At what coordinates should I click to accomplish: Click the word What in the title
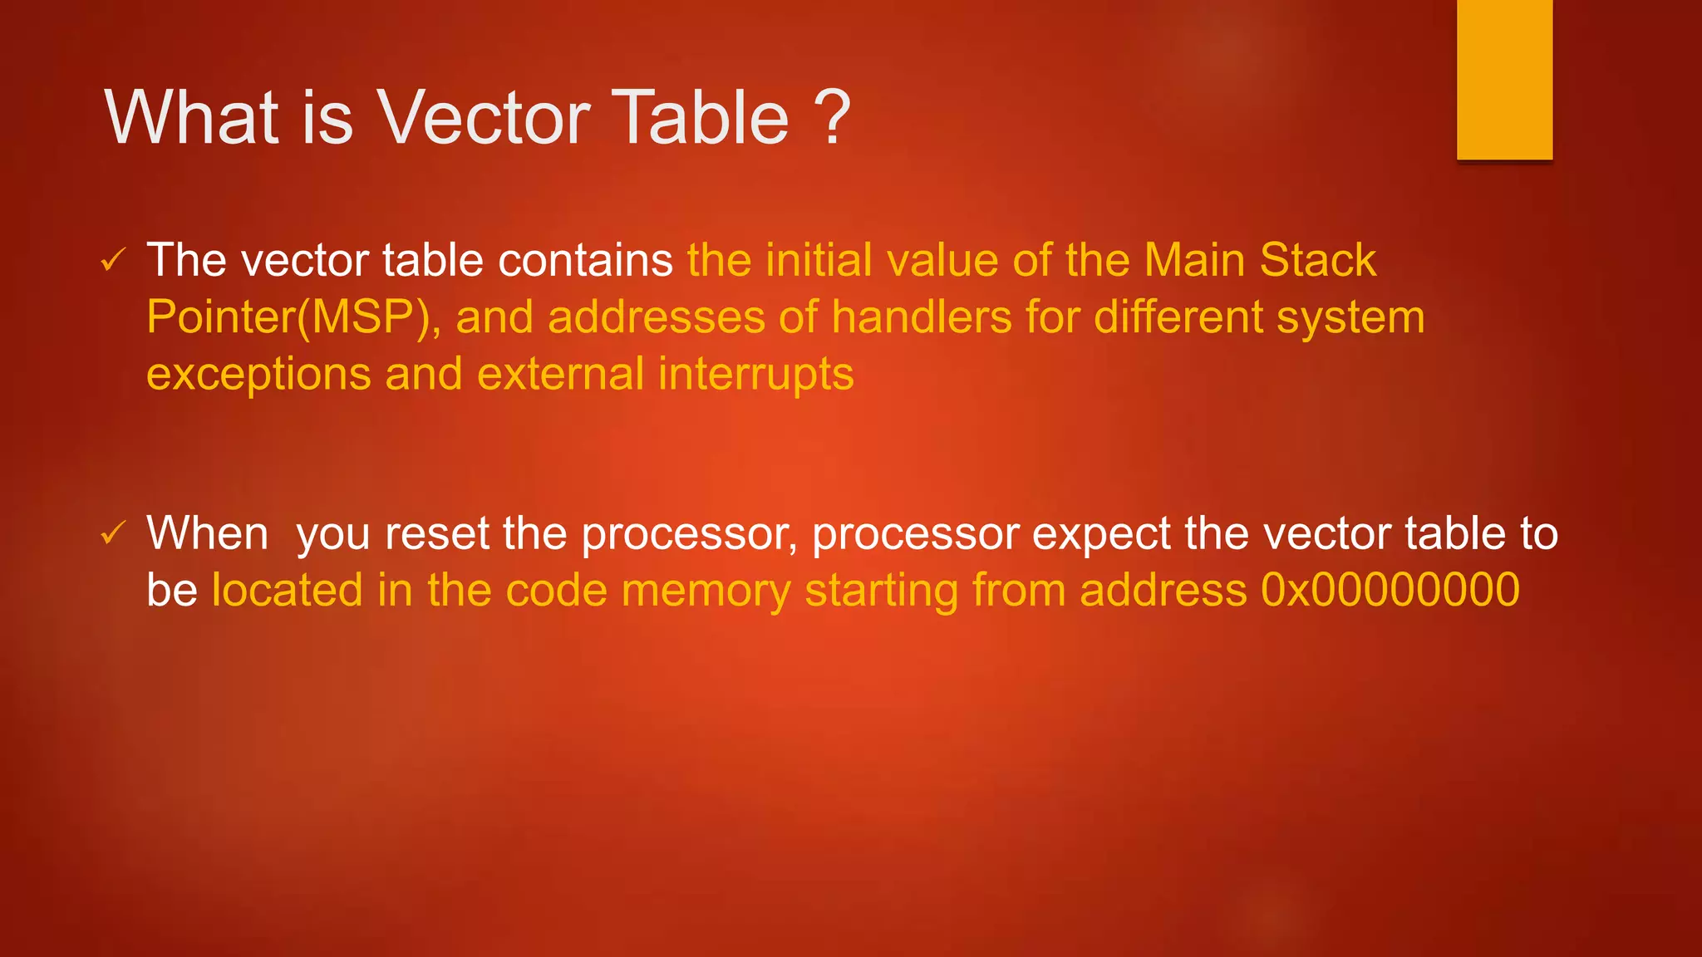pyautogui.click(x=192, y=118)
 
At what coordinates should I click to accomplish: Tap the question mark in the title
pyautogui.click(x=832, y=118)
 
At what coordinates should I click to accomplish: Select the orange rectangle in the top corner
pyautogui.click(x=1504, y=80)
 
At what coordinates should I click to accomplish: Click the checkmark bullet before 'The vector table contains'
pyautogui.click(x=112, y=261)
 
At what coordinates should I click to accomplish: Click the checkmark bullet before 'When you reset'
pyautogui.click(x=112, y=533)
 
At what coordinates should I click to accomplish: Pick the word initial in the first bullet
pyautogui.click(x=819, y=261)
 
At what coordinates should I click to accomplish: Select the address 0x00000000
pyautogui.click(x=1390, y=591)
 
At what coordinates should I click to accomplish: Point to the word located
pyautogui.click(x=288, y=591)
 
